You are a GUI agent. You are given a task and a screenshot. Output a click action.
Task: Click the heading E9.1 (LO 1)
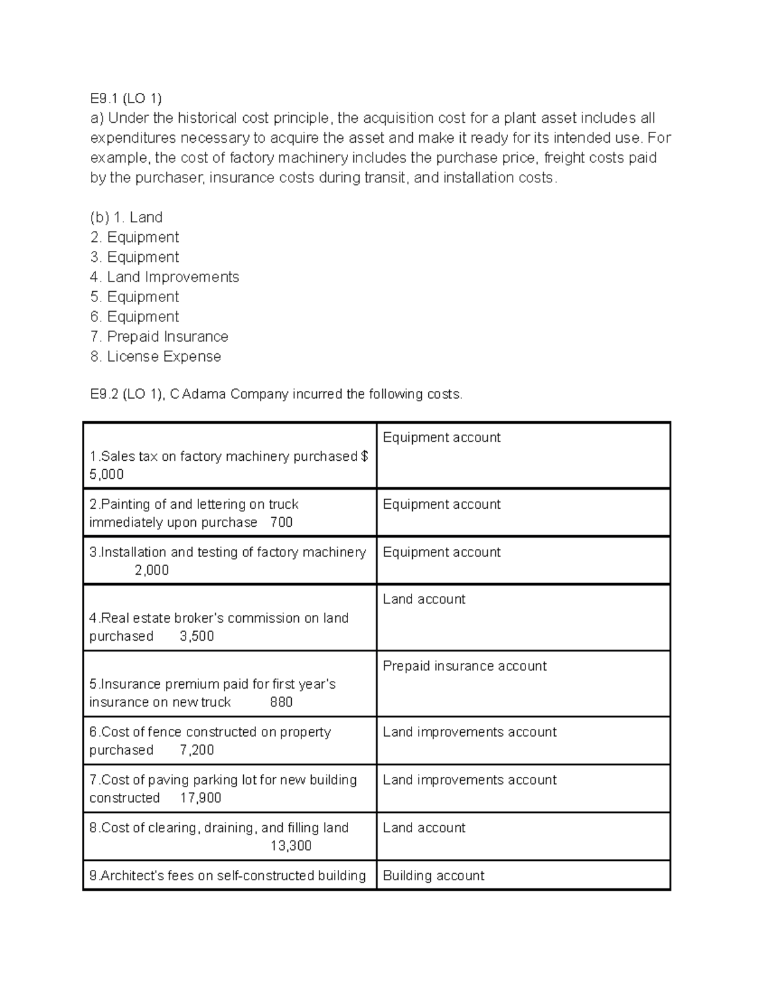point(125,98)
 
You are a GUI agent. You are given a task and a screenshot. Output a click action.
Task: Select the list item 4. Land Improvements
point(164,277)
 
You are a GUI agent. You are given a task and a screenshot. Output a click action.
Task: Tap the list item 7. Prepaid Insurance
point(159,336)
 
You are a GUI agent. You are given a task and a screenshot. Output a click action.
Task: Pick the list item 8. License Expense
point(156,356)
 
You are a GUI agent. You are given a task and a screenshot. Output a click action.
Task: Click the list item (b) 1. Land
point(126,217)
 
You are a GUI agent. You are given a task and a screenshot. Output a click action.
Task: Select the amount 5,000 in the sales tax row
point(106,474)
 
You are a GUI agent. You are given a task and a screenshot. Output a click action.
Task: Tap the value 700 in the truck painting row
point(281,522)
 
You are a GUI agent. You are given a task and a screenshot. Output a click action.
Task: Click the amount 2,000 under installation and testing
point(152,570)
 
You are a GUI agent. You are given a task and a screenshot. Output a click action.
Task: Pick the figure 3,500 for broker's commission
point(196,636)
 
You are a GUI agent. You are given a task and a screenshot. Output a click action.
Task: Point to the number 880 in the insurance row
point(281,702)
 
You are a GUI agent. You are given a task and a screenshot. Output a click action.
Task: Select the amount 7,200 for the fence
point(196,750)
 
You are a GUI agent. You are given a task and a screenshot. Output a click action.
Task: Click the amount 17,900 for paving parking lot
point(200,798)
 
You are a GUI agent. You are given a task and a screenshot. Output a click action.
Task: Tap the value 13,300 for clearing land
point(291,846)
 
